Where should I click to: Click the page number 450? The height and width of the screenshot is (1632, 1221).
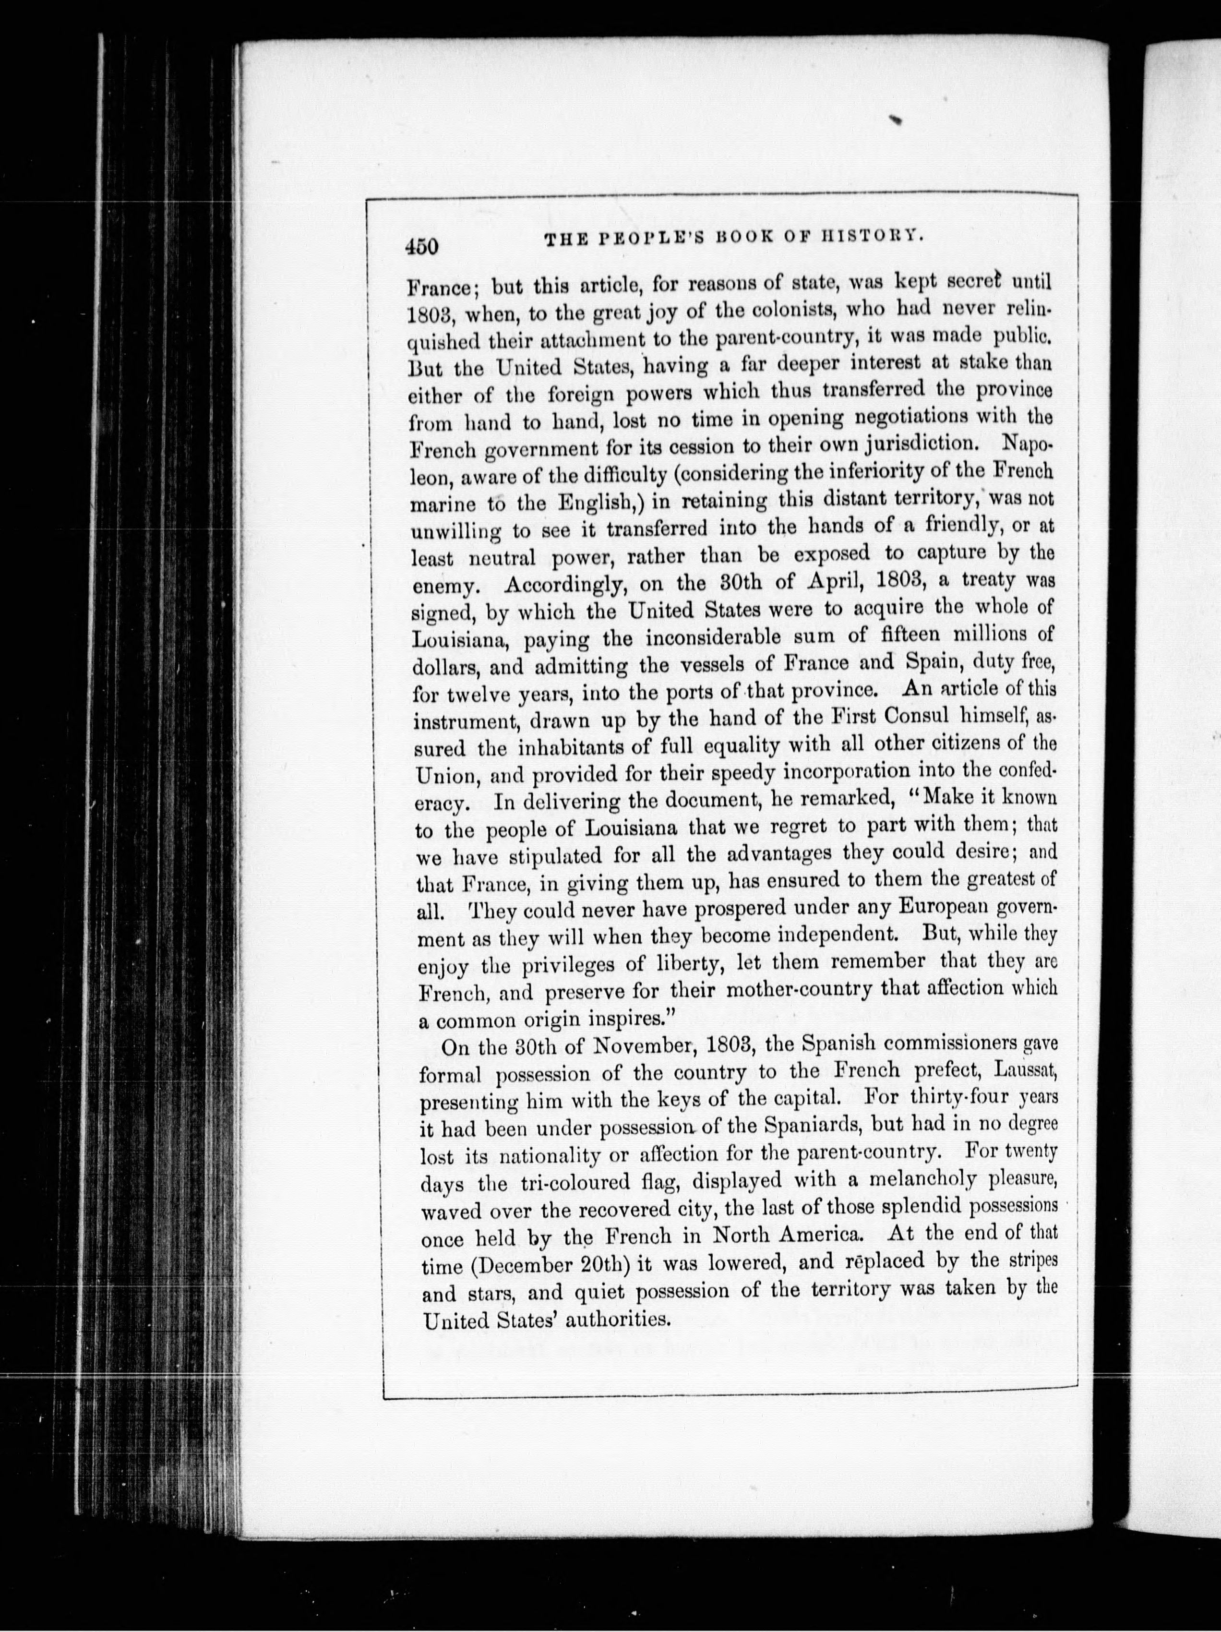click(x=421, y=246)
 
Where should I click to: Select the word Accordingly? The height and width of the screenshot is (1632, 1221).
click(x=566, y=584)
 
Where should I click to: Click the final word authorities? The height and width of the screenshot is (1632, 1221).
click(x=618, y=1318)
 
